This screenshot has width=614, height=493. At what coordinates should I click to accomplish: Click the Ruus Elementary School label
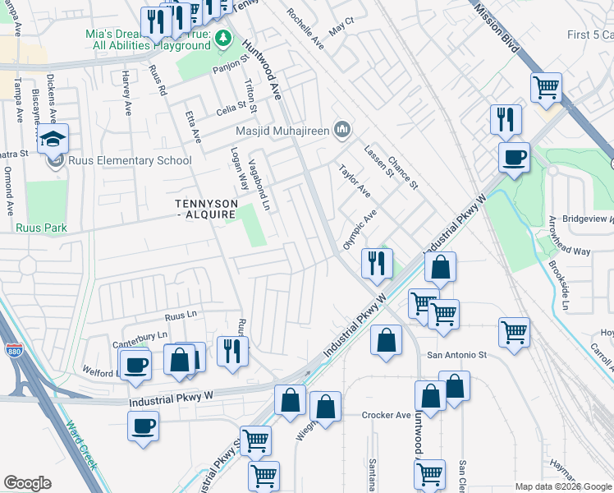coord(131,160)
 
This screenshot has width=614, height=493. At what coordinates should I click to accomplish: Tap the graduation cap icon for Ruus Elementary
coord(53,140)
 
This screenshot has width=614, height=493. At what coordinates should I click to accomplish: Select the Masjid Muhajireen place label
coord(282,130)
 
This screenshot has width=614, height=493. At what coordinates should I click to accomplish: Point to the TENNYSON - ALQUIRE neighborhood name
coord(206,209)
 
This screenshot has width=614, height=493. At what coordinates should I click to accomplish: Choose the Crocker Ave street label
coord(386,415)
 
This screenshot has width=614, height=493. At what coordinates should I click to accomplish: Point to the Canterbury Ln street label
coord(140,335)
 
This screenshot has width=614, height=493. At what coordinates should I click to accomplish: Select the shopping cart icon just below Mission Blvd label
coord(546,85)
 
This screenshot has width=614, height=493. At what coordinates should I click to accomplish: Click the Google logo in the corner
coord(27,483)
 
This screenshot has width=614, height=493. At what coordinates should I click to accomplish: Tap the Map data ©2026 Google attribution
coord(563,486)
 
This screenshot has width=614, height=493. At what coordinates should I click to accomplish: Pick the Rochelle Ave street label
coord(305,25)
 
